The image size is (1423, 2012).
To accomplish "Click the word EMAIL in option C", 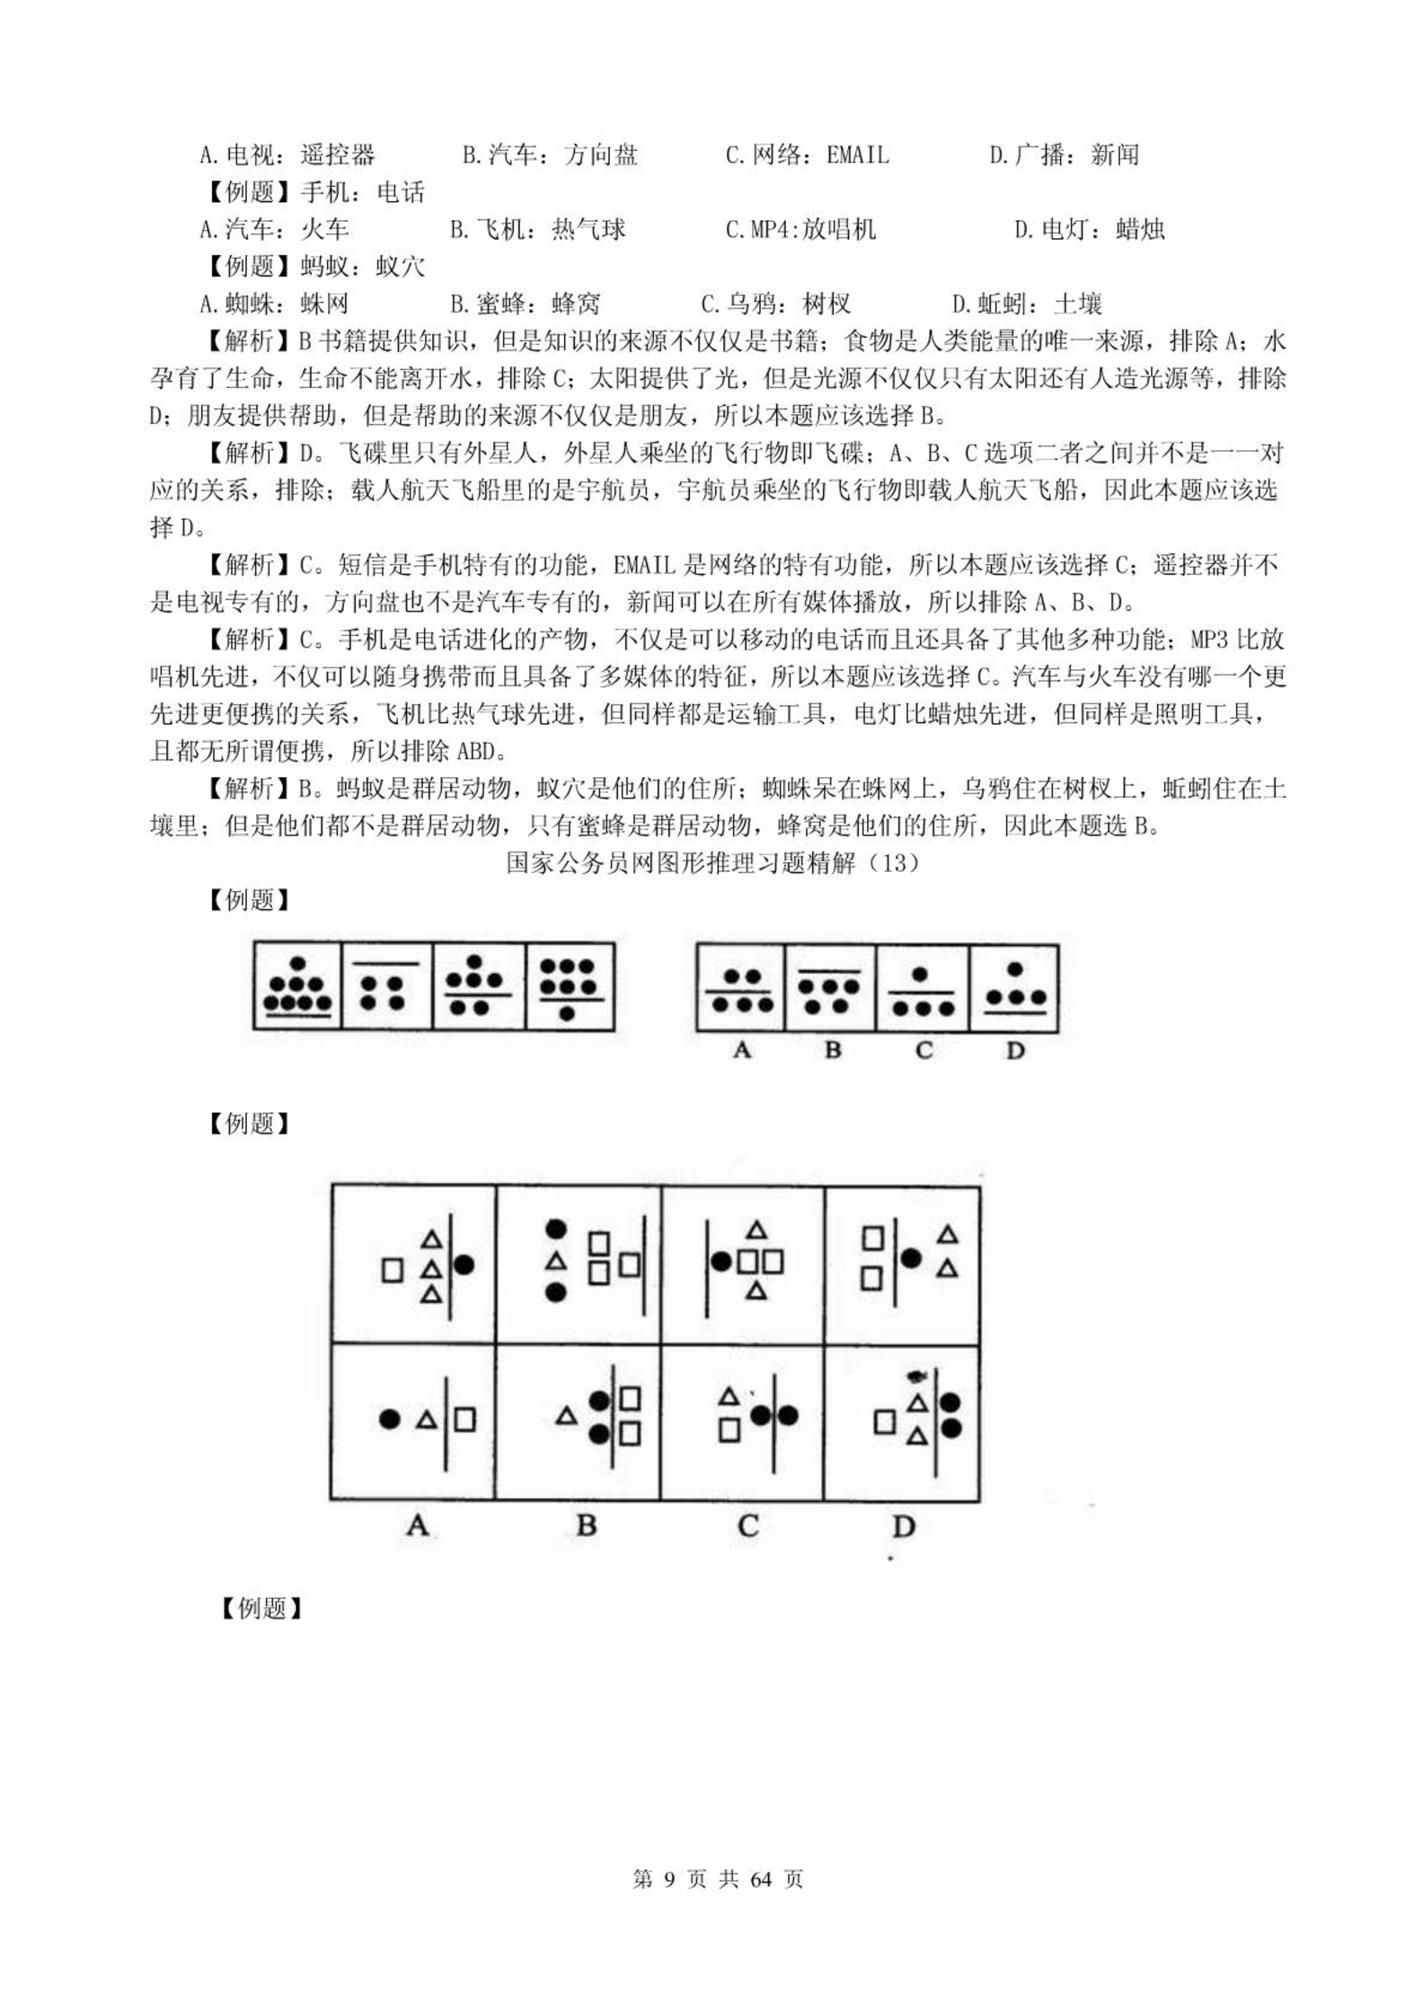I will pyautogui.click(x=857, y=155).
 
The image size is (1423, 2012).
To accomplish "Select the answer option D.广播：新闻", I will pyautogui.click(x=1064, y=155).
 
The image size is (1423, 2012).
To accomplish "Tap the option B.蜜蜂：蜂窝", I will pyautogui.click(x=525, y=304).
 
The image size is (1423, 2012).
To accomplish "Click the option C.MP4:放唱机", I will pyautogui.click(x=800, y=230).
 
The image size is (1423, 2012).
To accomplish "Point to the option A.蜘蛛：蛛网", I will pyautogui.click(x=274, y=304).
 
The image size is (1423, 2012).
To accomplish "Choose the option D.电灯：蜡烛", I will pyautogui.click(x=1089, y=230).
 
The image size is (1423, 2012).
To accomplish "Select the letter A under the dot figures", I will pyautogui.click(x=742, y=1050).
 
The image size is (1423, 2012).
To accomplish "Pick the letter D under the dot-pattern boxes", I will pyautogui.click(x=1015, y=1050).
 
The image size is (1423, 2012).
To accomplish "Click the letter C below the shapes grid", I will pyautogui.click(x=747, y=1525).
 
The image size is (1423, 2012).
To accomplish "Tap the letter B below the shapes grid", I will pyautogui.click(x=586, y=1525).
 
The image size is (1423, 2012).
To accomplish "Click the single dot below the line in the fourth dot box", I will pyautogui.click(x=568, y=1014).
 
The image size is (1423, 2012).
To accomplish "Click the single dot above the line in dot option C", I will pyautogui.click(x=919, y=974).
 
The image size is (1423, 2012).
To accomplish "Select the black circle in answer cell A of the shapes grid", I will pyautogui.click(x=389, y=1419).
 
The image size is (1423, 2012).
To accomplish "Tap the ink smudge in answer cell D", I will pyautogui.click(x=916, y=1376).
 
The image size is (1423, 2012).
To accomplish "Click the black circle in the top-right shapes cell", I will pyautogui.click(x=911, y=1258).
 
